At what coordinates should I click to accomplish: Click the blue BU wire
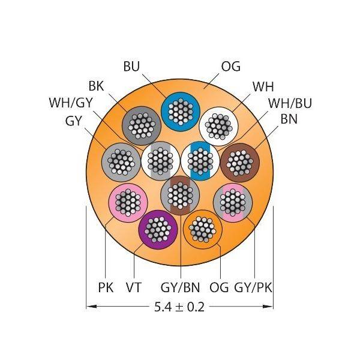181,112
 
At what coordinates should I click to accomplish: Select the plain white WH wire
219,125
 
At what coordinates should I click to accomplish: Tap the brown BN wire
240,162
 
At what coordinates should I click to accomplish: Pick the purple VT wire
158,230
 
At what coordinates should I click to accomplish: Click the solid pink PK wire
128,202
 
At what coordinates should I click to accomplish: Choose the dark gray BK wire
142,125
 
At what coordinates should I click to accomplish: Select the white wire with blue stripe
200,161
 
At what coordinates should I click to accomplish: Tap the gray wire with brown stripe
180,195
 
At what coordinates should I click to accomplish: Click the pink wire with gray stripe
233,202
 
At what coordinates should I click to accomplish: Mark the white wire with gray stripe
160,161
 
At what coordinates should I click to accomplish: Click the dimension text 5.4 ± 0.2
179,307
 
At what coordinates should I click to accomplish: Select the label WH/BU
290,103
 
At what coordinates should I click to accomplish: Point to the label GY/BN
180,287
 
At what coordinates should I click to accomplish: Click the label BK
96,86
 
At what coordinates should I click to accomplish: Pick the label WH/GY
70,103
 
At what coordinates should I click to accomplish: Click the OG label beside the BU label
231,66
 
